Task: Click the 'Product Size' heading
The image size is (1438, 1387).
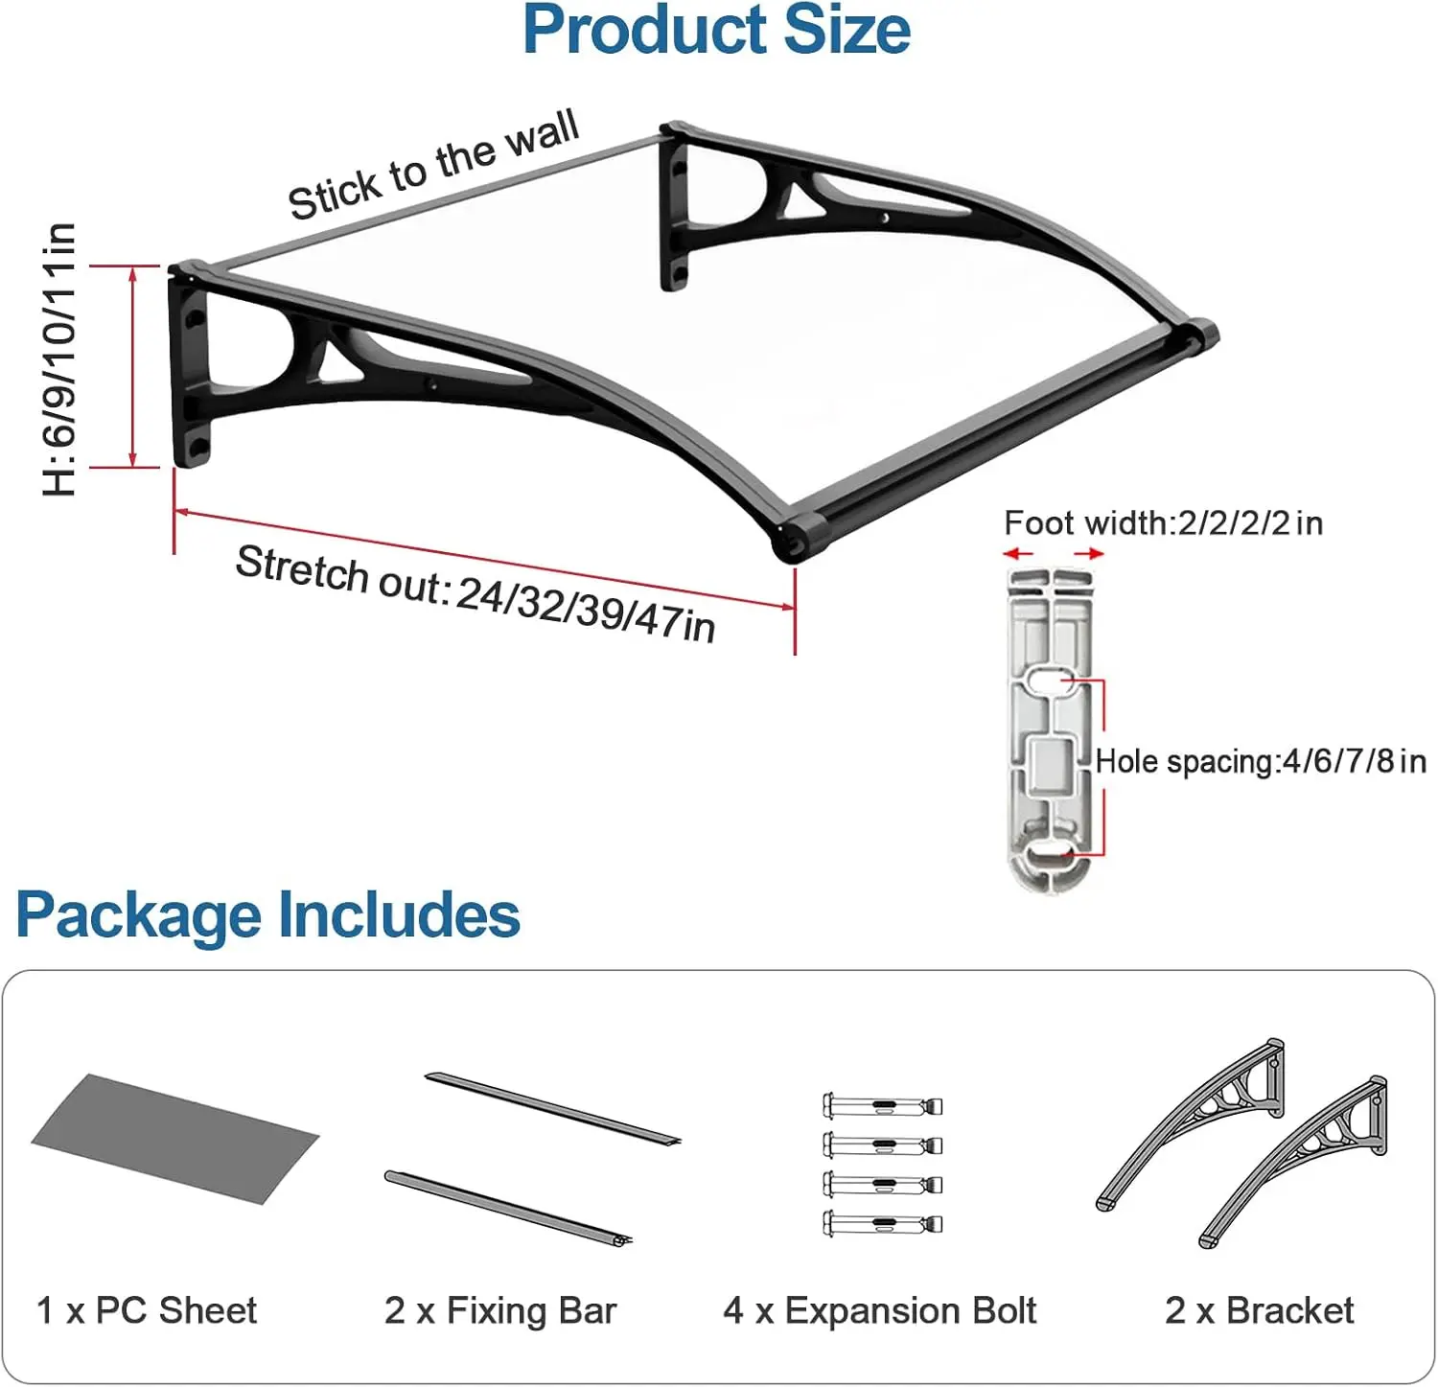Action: [x=716, y=31]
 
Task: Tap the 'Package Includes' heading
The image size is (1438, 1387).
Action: [x=267, y=914]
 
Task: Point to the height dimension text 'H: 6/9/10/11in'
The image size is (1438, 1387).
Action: [x=59, y=359]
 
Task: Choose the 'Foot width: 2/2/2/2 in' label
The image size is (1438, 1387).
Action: [x=1163, y=523]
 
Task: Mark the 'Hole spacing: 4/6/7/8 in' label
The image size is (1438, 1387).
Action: [x=1260, y=761]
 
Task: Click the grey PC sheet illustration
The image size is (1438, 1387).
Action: [x=174, y=1138]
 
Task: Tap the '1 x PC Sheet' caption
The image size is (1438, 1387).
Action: [x=146, y=1310]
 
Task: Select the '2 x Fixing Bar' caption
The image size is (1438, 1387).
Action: [x=499, y=1310]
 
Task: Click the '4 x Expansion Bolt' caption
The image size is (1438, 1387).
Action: [x=879, y=1310]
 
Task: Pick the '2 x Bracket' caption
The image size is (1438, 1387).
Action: [x=1259, y=1310]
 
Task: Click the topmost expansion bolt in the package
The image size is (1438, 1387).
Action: [x=882, y=1106]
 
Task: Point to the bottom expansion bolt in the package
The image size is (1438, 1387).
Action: [x=882, y=1223]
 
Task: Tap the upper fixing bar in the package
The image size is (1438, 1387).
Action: [x=552, y=1109]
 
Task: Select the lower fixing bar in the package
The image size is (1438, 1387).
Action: [x=508, y=1207]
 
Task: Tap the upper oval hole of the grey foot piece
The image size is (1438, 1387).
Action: [x=1049, y=682]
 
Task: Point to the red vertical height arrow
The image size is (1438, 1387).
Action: [x=132, y=366]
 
